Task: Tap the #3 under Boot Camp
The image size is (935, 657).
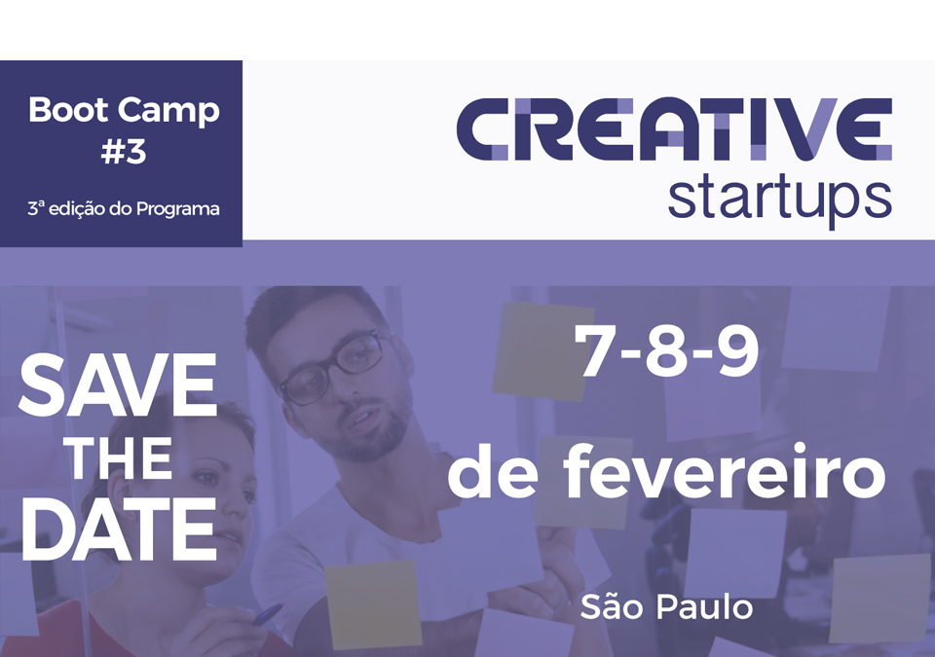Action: pyautogui.click(x=124, y=152)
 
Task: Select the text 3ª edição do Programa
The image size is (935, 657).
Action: pyautogui.click(x=124, y=208)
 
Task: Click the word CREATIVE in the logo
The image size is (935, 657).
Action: pyautogui.click(x=674, y=129)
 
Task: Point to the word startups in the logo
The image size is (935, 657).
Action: pyautogui.click(x=780, y=198)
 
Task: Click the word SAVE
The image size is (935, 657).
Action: pyautogui.click(x=118, y=385)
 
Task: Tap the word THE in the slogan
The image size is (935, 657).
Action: pyautogui.click(x=120, y=458)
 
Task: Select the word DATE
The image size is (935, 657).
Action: pyautogui.click(x=119, y=529)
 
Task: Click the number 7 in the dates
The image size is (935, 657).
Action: pyautogui.click(x=594, y=351)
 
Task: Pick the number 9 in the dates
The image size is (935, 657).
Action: pyautogui.click(x=737, y=351)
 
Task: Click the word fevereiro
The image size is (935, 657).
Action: pyautogui.click(x=724, y=471)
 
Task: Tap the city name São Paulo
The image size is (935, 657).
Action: pyautogui.click(x=666, y=607)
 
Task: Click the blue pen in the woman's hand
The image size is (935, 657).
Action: pyautogui.click(x=268, y=614)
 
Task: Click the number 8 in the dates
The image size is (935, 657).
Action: pyautogui.click(x=665, y=351)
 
